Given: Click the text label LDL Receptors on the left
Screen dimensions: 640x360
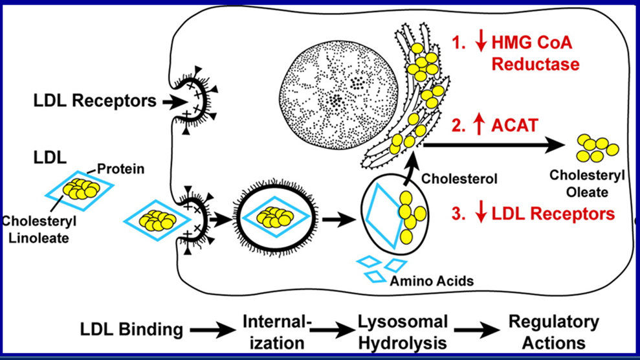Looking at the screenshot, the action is coord(94,101).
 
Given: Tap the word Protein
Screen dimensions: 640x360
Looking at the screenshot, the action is coord(121,169).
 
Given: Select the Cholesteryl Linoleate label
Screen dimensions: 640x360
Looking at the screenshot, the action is coord(39,229).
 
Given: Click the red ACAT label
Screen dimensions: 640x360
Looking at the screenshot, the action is coord(515,126).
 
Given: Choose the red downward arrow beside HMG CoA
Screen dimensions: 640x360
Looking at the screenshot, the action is coord(481,42).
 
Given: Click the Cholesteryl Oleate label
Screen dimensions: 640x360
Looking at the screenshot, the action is coord(587,184).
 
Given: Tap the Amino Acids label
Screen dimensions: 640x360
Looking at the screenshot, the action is coord(432,281).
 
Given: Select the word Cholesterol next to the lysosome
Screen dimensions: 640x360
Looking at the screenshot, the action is coord(459,178).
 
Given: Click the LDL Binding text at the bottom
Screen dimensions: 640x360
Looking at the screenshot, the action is coord(131,330).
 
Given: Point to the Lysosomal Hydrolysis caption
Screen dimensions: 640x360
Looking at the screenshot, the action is coord(403,332).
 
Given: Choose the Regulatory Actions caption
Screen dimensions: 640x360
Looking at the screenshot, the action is coord(554,332).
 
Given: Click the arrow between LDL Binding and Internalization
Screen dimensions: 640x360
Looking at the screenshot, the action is coord(213,330).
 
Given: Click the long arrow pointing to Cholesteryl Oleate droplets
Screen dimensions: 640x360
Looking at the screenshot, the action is coord(494,144).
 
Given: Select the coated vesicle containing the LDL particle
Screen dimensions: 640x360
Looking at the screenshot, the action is coord(275,219).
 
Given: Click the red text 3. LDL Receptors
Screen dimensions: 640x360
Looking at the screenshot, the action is coord(533,214).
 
